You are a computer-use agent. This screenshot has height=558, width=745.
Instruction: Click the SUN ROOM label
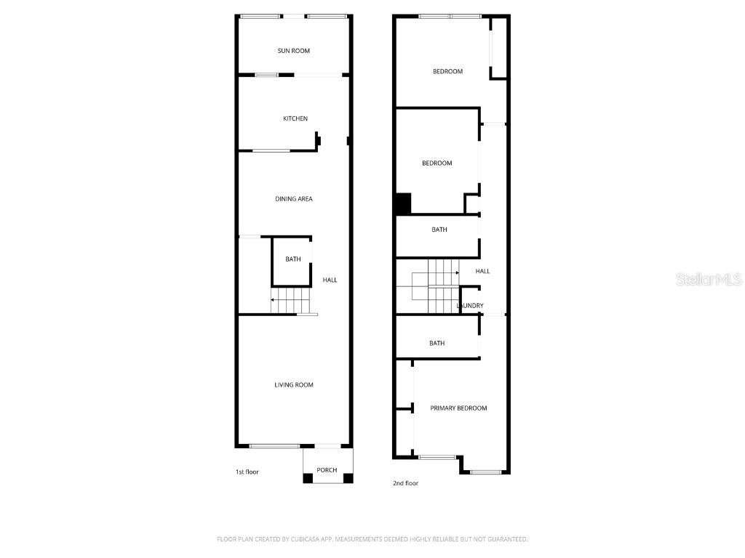click(293, 51)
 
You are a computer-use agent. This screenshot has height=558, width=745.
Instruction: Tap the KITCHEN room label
click(295, 118)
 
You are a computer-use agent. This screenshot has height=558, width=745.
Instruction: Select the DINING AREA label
click(294, 198)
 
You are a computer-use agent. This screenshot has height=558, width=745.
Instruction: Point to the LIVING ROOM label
click(294, 384)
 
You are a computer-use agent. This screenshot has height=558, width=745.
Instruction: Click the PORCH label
click(327, 470)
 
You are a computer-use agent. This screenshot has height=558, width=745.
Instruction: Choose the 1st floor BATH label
click(292, 259)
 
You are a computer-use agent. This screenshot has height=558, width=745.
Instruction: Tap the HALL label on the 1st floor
click(330, 280)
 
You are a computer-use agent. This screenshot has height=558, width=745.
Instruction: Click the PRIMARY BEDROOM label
click(458, 408)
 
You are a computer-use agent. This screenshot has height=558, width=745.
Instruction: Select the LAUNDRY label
click(470, 306)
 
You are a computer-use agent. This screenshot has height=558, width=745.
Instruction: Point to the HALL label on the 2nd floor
click(482, 271)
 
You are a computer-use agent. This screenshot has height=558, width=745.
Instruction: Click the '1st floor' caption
click(247, 472)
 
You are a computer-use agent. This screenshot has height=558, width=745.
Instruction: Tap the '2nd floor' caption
click(405, 483)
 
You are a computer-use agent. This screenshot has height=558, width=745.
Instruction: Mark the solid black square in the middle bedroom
click(403, 203)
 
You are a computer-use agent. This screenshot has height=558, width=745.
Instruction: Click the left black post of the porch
click(308, 478)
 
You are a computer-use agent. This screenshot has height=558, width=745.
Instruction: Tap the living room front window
click(274, 446)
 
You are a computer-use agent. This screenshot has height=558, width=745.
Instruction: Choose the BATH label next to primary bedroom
click(437, 343)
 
